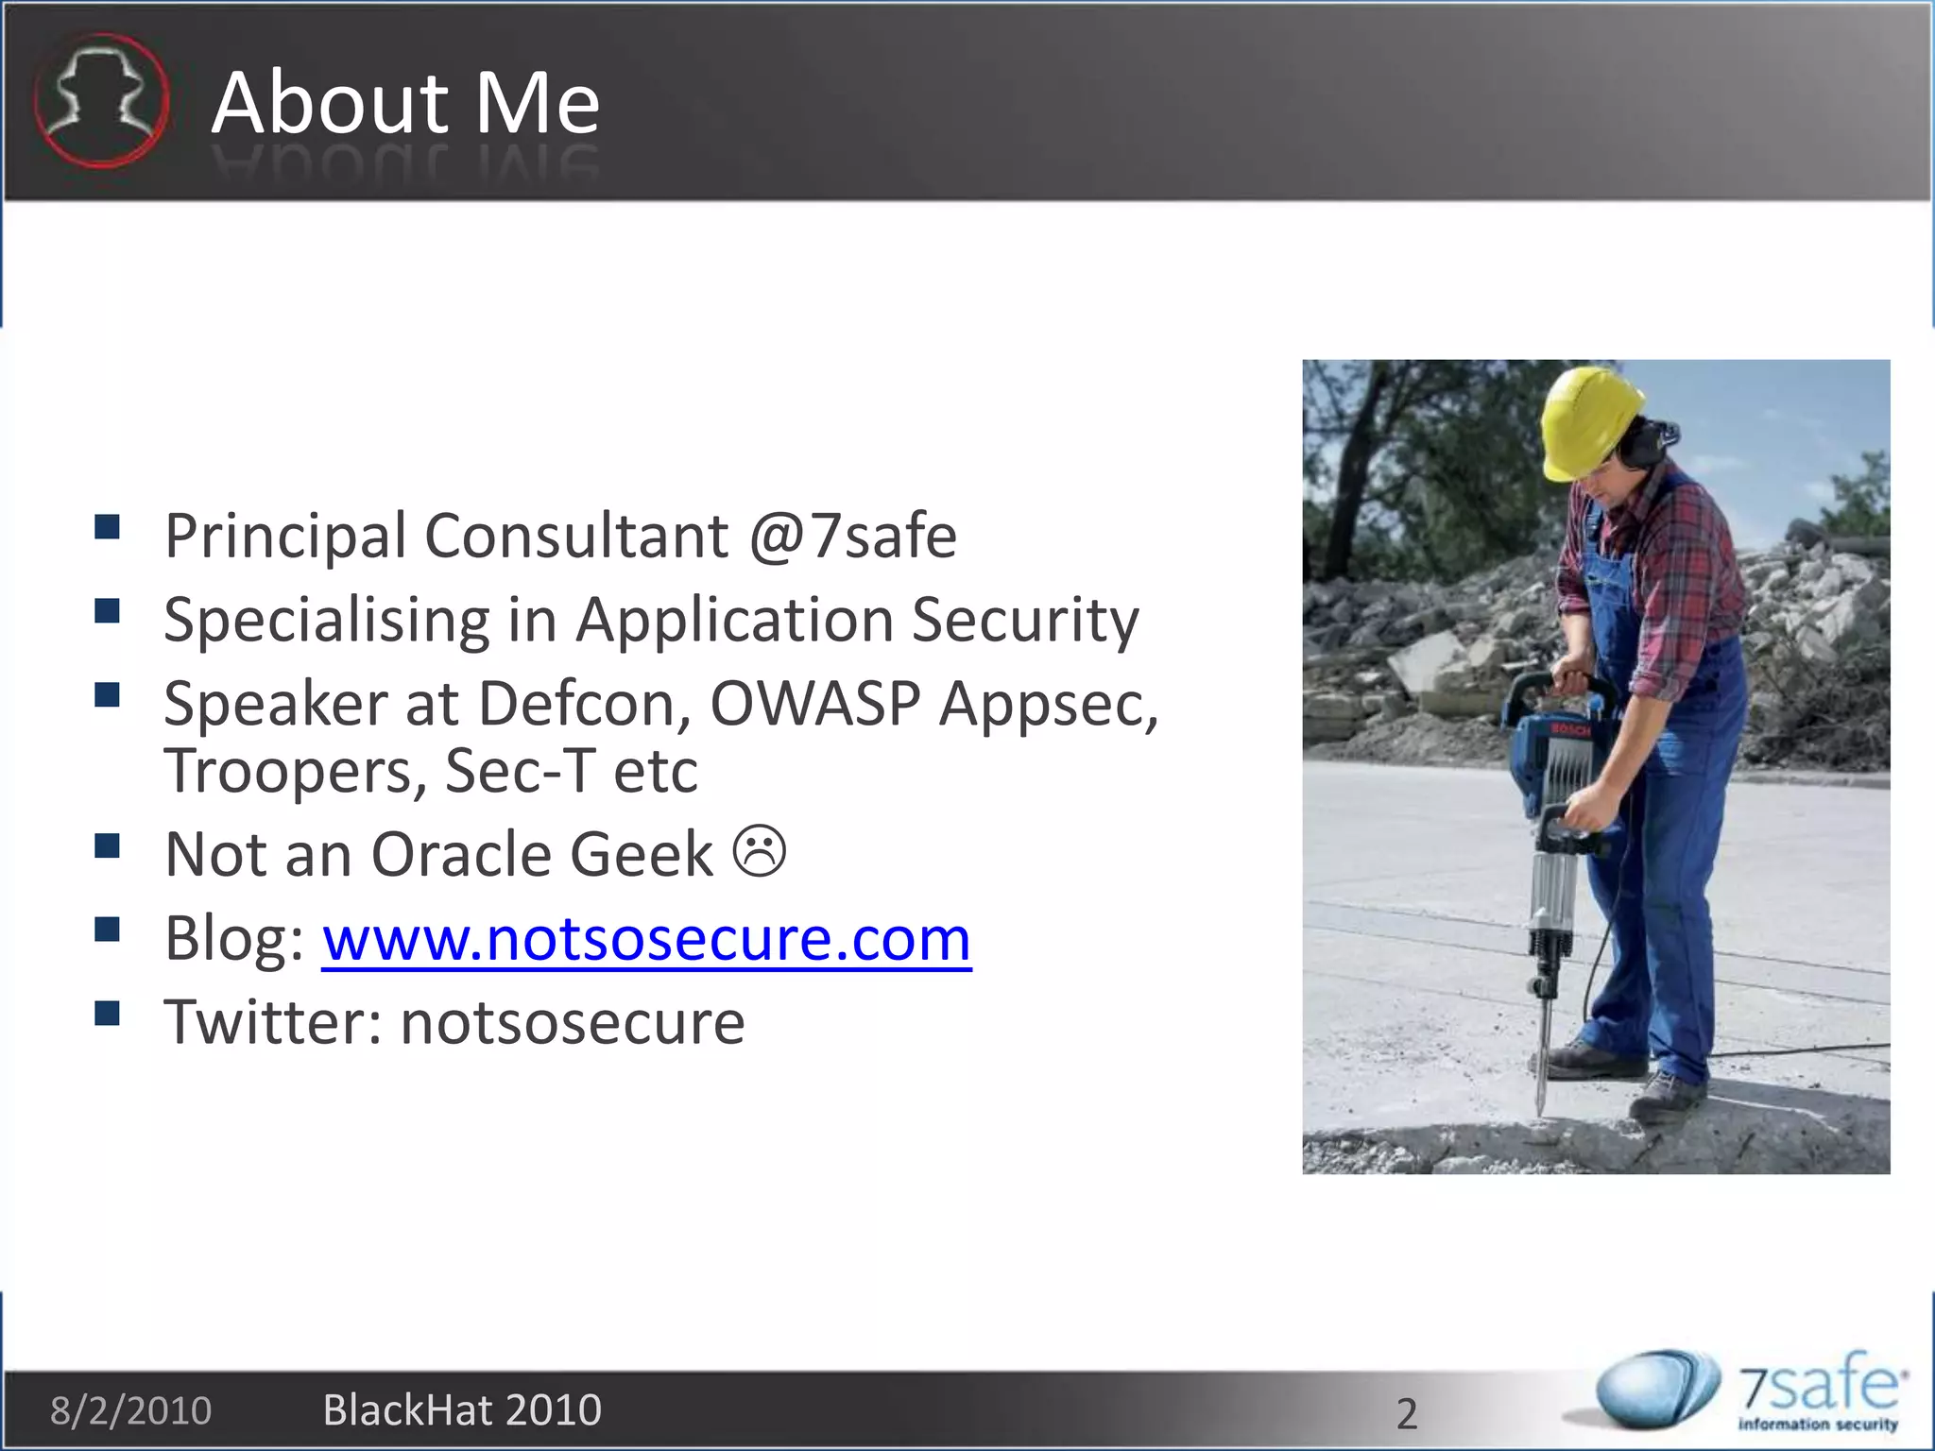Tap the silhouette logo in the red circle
[101, 100]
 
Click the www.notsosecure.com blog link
[646, 939]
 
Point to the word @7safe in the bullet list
[852, 537]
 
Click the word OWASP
[814, 704]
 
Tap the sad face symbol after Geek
[760, 851]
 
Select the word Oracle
[461, 855]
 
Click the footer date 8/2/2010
[130, 1410]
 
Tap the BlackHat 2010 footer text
[462, 1410]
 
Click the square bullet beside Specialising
[108, 611]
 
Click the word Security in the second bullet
[1025, 621]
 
